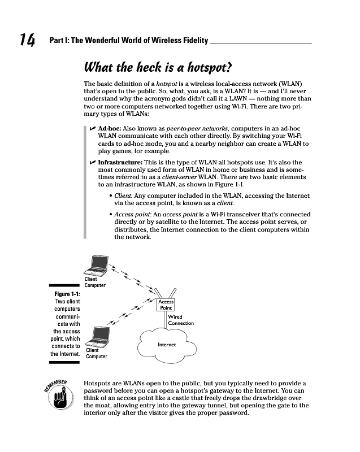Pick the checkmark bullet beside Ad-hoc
coord(93,129)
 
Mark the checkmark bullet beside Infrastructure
coord(93,163)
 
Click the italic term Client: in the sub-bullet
coord(124,196)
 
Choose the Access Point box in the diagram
coord(166,305)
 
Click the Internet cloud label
coord(166,344)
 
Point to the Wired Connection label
coord(180,320)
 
